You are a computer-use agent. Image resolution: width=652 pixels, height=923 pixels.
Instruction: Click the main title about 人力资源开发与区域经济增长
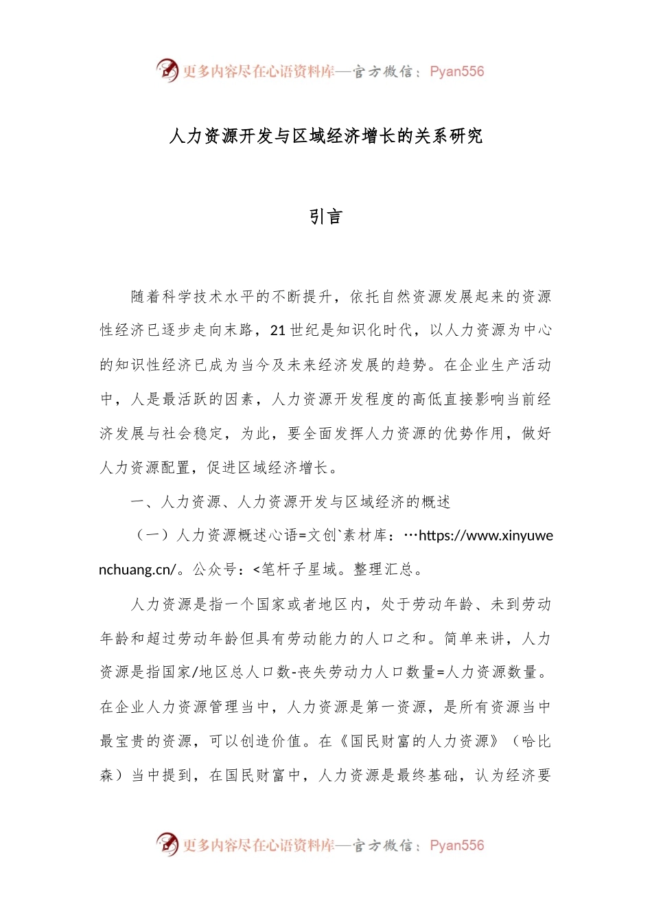point(325,136)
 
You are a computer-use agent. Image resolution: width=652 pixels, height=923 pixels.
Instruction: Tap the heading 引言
point(325,217)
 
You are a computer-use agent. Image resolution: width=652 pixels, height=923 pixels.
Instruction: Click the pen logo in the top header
point(167,70)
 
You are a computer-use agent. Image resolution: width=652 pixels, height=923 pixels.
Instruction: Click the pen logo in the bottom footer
point(167,844)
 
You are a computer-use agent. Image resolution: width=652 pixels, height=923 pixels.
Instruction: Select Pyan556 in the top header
point(456,71)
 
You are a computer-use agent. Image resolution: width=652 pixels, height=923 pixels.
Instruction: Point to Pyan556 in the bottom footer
point(456,845)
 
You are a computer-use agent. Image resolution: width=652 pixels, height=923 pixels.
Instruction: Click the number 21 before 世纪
point(277,331)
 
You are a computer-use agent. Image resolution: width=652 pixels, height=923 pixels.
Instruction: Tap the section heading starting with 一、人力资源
point(291,502)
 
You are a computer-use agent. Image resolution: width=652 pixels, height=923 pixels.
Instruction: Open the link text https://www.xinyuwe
point(485,536)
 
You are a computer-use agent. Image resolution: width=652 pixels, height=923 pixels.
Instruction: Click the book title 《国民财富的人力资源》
point(419,742)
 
